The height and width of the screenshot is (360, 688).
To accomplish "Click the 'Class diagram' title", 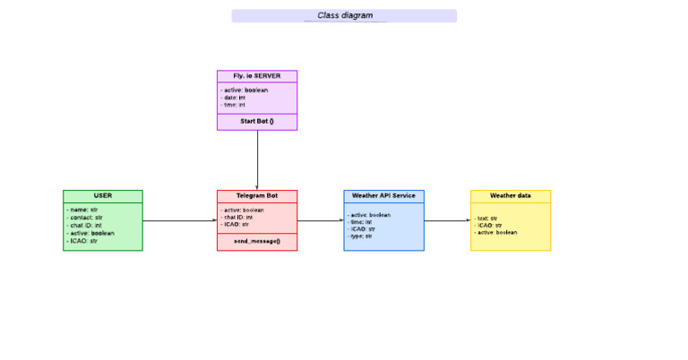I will pos(345,15).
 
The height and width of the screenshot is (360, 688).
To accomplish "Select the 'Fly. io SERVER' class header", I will pos(257,76).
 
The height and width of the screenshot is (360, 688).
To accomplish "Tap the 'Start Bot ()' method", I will pos(257,121).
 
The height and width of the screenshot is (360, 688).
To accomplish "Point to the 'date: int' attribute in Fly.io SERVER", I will pos(234,98).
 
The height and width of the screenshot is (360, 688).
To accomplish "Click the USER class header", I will pos(102,195).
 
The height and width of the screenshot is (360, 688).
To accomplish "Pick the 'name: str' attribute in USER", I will pos(83,210).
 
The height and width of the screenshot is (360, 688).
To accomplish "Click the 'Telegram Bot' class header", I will pos(257,195).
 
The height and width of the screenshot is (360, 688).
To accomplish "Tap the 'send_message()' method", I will pos(257,241).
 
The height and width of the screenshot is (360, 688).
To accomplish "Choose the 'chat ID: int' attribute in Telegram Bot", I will pos(238,217).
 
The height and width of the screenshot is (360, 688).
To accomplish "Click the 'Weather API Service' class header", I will pos(383,195).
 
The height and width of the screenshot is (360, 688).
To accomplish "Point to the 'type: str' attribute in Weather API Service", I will pos(362,236).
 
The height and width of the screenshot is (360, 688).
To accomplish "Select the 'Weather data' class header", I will pos(511,195).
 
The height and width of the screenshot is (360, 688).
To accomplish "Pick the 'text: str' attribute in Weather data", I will pos(487,218).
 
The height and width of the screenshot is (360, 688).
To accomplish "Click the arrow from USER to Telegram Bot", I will pos(179,220).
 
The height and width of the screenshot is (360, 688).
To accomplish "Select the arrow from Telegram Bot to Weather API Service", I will pos(320,220).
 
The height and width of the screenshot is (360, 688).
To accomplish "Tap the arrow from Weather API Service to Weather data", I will pos(447,220).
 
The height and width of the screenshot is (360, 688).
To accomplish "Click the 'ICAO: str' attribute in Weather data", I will pos(489,225).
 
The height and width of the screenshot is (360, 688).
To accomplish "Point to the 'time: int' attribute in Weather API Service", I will pos(362,222).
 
